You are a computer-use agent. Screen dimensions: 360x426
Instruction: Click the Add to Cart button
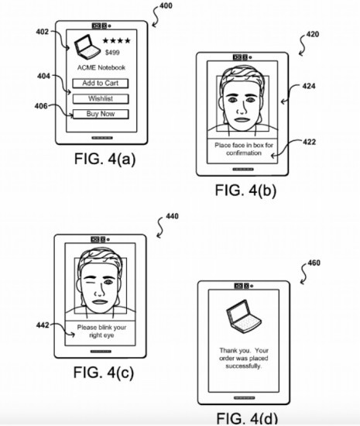pyautogui.click(x=101, y=83)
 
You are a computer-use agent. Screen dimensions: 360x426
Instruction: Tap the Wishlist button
pyautogui.click(x=101, y=98)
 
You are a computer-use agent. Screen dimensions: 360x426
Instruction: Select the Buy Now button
pyautogui.click(x=101, y=114)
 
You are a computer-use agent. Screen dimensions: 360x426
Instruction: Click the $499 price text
pyautogui.click(x=112, y=53)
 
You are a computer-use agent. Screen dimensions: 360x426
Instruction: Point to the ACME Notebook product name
pyautogui.click(x=101, y=67)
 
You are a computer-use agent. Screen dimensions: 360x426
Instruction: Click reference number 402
pyautogui.click(x=43, y=32)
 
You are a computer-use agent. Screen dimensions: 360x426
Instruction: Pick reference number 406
pyautogui.click(x=41, y=106)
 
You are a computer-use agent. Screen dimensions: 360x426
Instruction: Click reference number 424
pyautogui.click(x=309, y=86)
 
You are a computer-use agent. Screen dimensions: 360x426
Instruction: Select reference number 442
pyautogui.click(x=43, y=325)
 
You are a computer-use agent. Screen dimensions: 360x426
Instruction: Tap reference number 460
pyautogui.click(x=314, y=263)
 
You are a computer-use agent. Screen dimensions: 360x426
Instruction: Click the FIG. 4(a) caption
pyautogui.click(x=105, y=159)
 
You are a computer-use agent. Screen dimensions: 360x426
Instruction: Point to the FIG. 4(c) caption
pyautogui.click(x=104, y=373)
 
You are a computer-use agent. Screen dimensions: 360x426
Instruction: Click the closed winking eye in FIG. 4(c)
pyautogui.click(x=89, y=281)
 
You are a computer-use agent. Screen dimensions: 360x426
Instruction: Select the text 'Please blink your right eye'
pyautogui.click(x=102, y=332)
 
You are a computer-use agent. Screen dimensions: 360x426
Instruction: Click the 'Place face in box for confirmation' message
pyautogui.click(x=244, y=149)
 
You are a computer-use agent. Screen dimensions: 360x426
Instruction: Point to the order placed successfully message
pyautogui.click(x=244, y=358)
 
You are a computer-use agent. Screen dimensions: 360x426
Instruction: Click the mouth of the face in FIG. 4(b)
pyautogui.click(x=242, y=119)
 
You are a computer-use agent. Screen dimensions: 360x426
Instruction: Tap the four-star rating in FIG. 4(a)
pyautogui.click(x=116, y=41)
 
